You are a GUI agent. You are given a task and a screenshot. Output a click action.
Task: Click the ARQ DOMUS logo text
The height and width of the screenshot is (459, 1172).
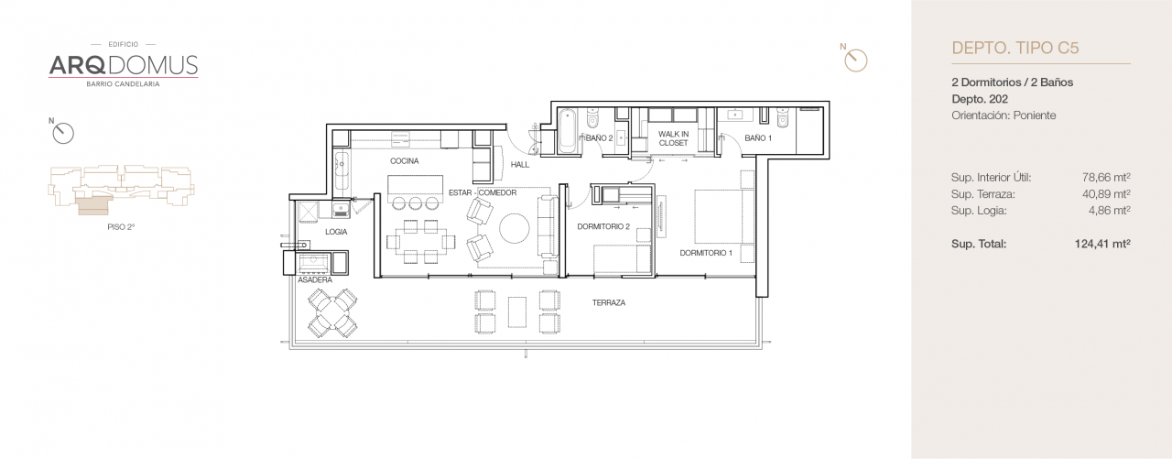pyautogui.click(x=123, y=65)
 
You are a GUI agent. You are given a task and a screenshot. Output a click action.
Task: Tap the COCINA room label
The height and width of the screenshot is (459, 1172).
pyautogui.click(x=404, y=161)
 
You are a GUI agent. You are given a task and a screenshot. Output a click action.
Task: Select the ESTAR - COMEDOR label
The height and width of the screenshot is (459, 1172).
pyautogui.click(x=483, y=192)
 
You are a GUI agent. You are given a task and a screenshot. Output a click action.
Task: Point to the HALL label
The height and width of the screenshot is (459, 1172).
pyautogui.click(x=520, y=165)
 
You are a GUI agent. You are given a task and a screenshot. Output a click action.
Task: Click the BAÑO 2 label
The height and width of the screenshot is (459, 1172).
pyautogui.click(x=599, y=138)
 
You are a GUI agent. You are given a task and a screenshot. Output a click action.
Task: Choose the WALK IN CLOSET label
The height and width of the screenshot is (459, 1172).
pyautogui.click(x=673, y=138)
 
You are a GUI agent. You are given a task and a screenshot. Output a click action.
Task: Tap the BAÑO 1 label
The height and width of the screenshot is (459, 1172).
pyautogui.click(x=758, y=138)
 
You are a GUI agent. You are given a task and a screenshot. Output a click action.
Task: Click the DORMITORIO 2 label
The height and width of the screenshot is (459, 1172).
pyautogui.click(x=603, y=226)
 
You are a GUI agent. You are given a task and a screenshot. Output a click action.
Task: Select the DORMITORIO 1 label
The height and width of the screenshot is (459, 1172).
pyautogui.click(x=706, y=252)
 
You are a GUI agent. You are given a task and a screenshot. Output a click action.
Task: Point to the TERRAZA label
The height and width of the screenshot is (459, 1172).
pyautogui.click(x=608, y=302)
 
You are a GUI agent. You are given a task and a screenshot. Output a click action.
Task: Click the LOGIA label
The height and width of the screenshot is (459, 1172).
pyautogui.click(x=336, y=232)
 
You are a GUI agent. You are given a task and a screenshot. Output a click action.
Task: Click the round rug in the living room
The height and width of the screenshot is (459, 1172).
pyautogui.click(x=514, y=229)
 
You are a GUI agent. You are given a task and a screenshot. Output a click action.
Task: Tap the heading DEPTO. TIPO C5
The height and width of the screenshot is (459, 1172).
pyautogui.click(x=1015, y=48)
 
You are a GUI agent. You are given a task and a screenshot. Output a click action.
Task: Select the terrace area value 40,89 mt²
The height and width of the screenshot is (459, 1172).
pyautogui.click(x=1106, y=194)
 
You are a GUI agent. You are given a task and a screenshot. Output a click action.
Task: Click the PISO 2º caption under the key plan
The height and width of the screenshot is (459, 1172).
pyautogui.click(x=121, y=225)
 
